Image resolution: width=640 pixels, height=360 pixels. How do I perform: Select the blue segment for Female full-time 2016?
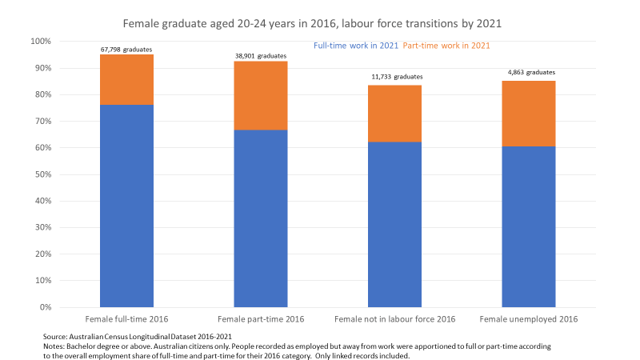click(x=126, y=206)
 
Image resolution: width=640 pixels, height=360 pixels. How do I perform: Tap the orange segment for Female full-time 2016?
click(x=126, y=79)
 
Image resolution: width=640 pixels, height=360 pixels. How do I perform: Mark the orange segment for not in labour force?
click(x=394, y=114)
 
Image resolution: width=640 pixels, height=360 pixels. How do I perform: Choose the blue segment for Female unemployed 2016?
click(x=528, y=226)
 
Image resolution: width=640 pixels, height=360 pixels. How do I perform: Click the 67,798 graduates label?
click(x=126, y=50)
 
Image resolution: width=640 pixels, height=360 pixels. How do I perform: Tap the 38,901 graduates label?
click(x=261, y=56)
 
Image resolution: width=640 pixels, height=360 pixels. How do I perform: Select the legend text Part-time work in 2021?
click(x=446, y=46)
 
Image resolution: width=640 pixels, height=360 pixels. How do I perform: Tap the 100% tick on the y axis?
click(x=39, y=41)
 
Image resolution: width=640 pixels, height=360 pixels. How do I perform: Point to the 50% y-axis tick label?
click(x=42, y=174)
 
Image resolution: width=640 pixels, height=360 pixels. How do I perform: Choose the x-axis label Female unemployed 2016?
click(x=528, y=318)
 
